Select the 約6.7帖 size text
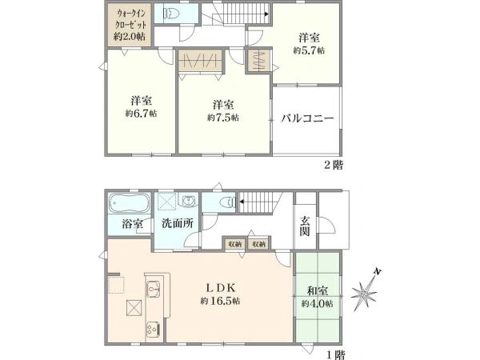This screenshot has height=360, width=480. (142, 114)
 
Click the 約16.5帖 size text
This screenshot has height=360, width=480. (222, 301)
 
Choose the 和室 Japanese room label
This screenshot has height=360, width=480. (318, 290)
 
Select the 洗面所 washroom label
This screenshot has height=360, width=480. (178, 223)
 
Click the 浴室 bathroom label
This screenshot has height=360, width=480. (132, 224)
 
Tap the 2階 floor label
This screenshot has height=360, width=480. (334, 166)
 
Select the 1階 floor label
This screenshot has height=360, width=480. (334, 353)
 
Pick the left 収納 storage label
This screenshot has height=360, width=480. (234, 243)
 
